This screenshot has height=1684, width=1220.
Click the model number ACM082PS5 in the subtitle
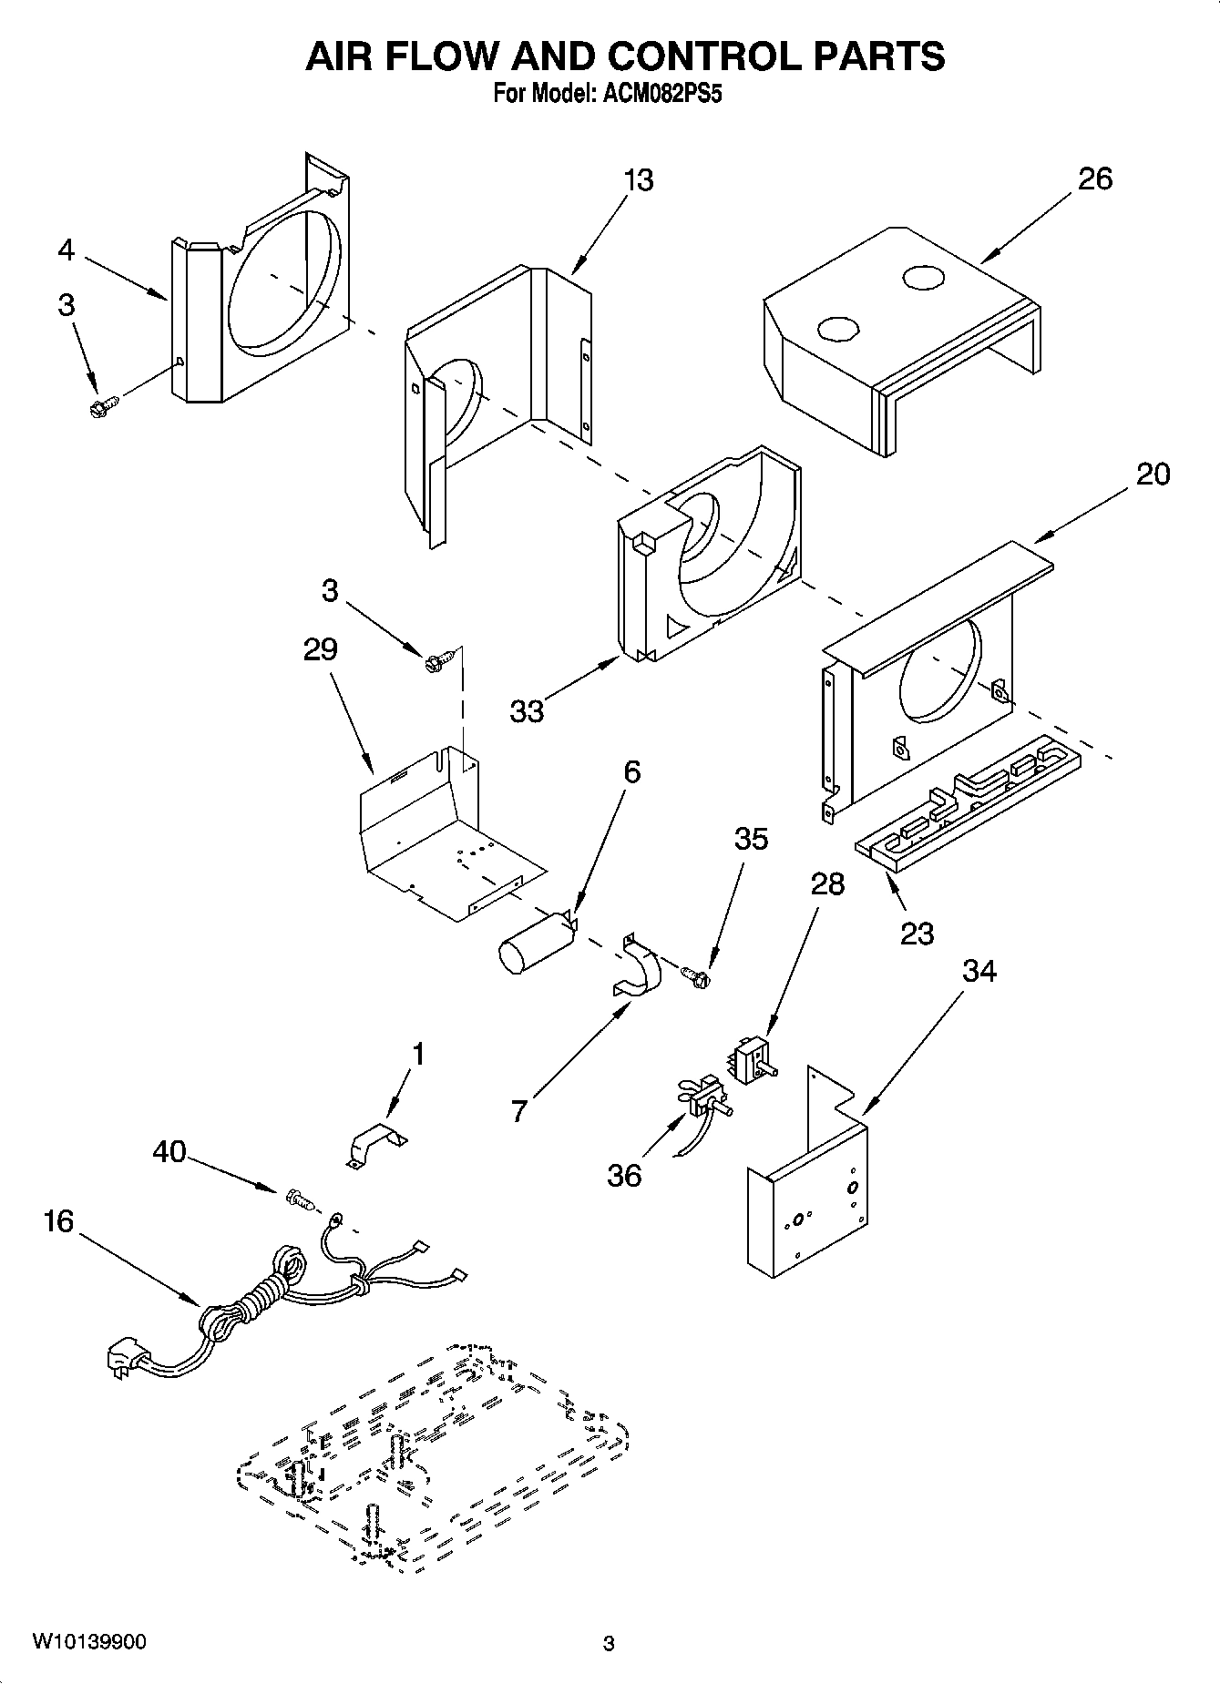coord(664,95)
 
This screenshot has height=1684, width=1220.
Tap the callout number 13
coord(639,180)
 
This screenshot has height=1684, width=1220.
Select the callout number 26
coord(1094,179)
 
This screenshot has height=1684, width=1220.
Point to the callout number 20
coord(1153,474)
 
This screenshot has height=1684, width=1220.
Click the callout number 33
coord(527,710)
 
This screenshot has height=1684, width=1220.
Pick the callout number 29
coord(321,649)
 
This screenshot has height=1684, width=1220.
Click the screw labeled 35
coord(698,976)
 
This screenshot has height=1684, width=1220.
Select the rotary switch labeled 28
coord(751,1061)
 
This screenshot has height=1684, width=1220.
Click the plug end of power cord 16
coord(122,1359)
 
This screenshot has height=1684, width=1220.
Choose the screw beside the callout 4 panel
coord(105,405)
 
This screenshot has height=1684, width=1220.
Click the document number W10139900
coord(88,1642)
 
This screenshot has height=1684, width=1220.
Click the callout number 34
coord(979,972)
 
